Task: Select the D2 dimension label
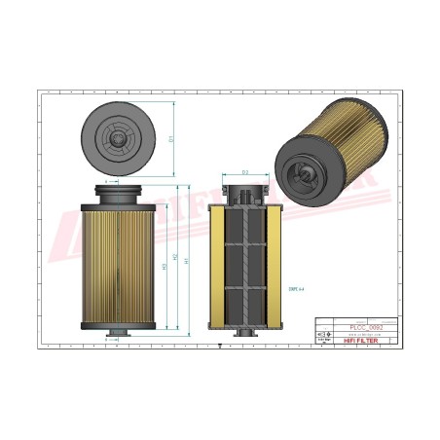(245, 172)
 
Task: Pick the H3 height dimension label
(164, 267)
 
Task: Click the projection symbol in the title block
(327, 333)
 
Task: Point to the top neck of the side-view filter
(116, 189)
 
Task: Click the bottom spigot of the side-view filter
(116, 336)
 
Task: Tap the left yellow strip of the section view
(216, 263)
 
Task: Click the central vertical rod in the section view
(244, 263)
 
